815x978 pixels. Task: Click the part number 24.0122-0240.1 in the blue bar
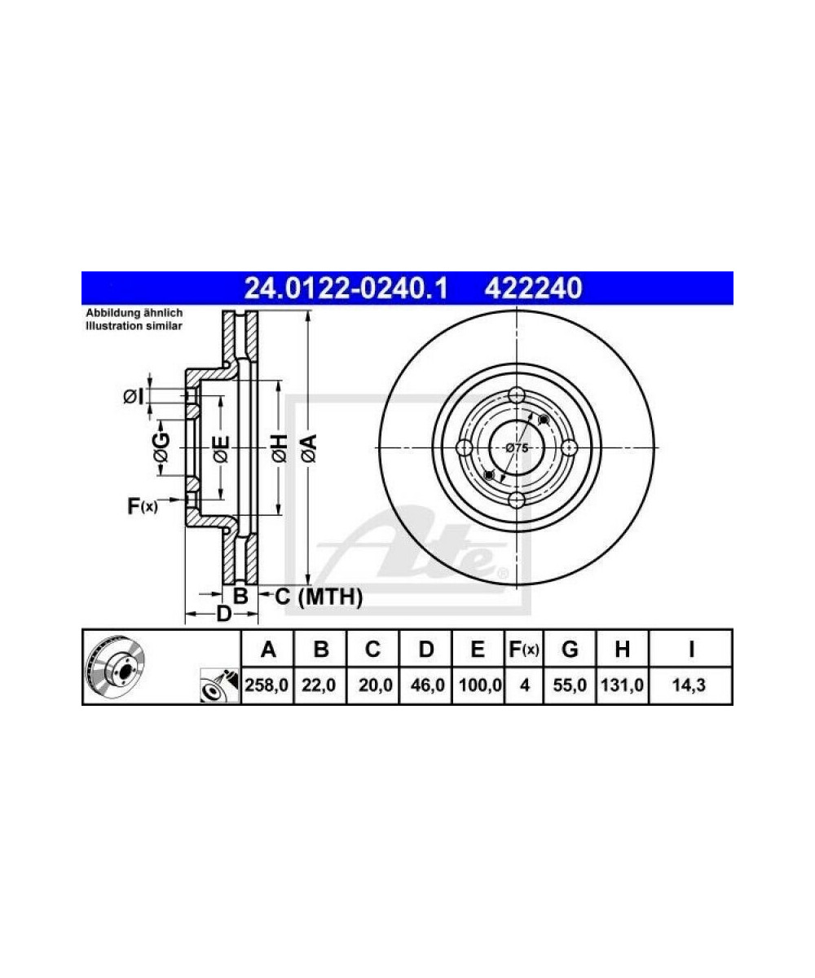pos(346,288)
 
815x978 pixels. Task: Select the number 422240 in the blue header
pos(533,288)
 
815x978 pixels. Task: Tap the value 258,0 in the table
pos(267,685)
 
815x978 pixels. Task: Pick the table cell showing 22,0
pos(319,685)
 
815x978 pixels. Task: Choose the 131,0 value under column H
pos(622,685)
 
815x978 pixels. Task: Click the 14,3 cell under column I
pos(689,685)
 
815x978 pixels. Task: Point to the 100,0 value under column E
pos(480,685)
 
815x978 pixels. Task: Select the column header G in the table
pos(570,650)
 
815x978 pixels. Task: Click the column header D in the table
pos(425,650)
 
